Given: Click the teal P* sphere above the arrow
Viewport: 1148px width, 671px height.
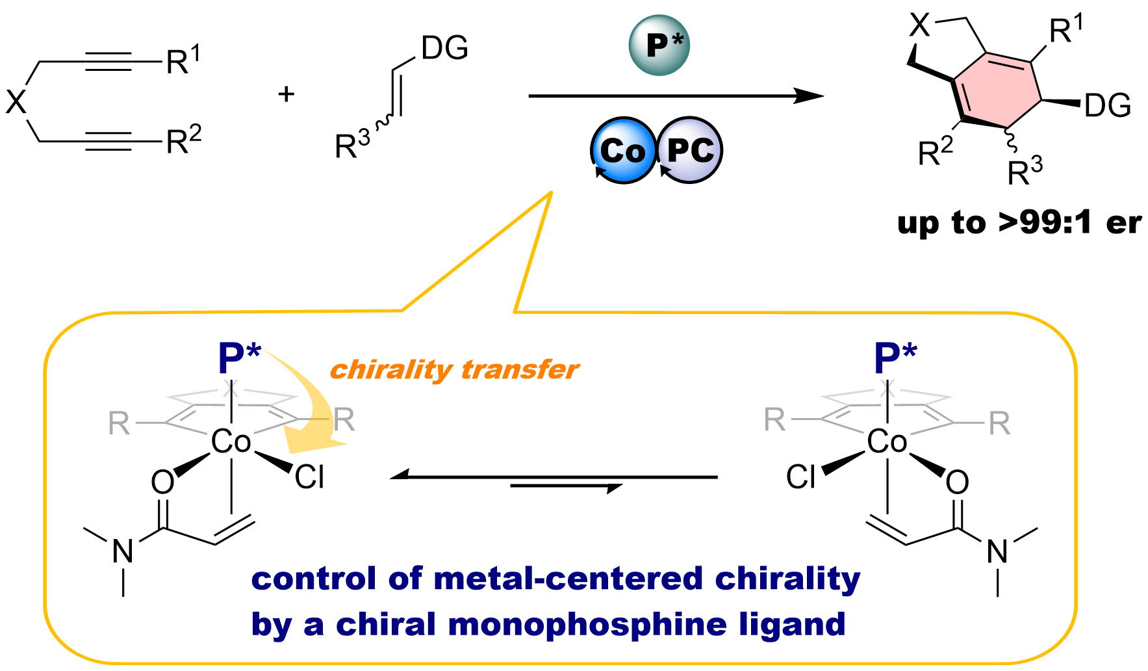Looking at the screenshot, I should (x=659, y=45).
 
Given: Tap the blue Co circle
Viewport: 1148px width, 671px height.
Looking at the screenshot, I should (x=622, y=151).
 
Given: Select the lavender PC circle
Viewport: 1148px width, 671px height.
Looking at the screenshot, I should (x=690, y=151).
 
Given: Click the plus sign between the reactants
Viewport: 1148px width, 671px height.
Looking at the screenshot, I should (x=286, y=94).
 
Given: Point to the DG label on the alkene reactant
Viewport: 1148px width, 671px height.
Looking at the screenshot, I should (x=444, y=47).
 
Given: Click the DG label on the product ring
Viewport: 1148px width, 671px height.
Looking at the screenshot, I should (x=1108, y=105).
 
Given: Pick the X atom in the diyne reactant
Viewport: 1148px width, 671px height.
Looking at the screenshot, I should (x=16, y=101).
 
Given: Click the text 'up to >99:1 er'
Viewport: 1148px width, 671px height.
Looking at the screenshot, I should (x=1019, y=223).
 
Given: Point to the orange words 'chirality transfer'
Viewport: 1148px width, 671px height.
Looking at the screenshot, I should (x=454, y=369).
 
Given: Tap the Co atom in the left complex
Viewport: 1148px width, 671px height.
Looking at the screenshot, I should (x=231, y=442).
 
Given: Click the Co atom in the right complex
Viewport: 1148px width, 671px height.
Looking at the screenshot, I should (x=887, y=442).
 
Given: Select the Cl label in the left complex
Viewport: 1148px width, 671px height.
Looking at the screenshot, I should (x=309, y=477).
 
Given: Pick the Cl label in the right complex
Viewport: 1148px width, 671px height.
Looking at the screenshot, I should (x=800, y=477).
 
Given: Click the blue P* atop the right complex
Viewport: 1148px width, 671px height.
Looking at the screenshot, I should (x=895, y=358).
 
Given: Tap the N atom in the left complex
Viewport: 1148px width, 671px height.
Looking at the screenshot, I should (x=123, y=551).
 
